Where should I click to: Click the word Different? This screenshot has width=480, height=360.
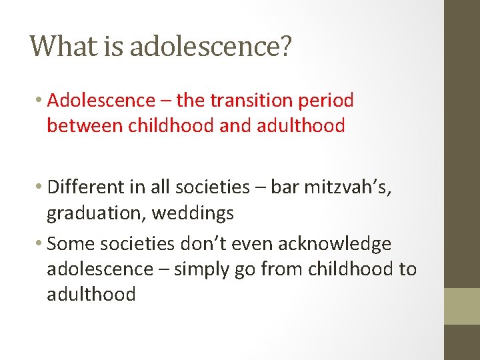[x=87, y=188]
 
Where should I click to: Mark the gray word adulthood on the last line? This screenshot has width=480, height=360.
[x=91, y=294]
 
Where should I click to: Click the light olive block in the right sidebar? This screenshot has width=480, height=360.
[x=461, y=306]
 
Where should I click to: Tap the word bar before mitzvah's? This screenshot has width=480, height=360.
[x=286, y=188]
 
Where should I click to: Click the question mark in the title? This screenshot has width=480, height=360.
[x=285, y=47]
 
